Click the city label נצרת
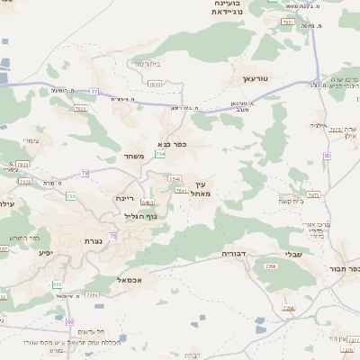pyautogui.click(x=92, y=241)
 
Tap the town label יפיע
pyautogui.click(x=45, y=253)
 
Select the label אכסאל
pyautogui.click(x=131, y=280)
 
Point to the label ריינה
pyautogui.click(x=124, y=198)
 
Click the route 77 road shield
pyautogui.click(x=94, y=91)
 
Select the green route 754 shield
pyautogui.click(x=160, y=154)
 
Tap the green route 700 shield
pyautogui.click(x=70, y=196)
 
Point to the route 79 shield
pyautogui.click(x=85, y=173)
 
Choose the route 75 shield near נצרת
pyautogui.click(x=112, y=236)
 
